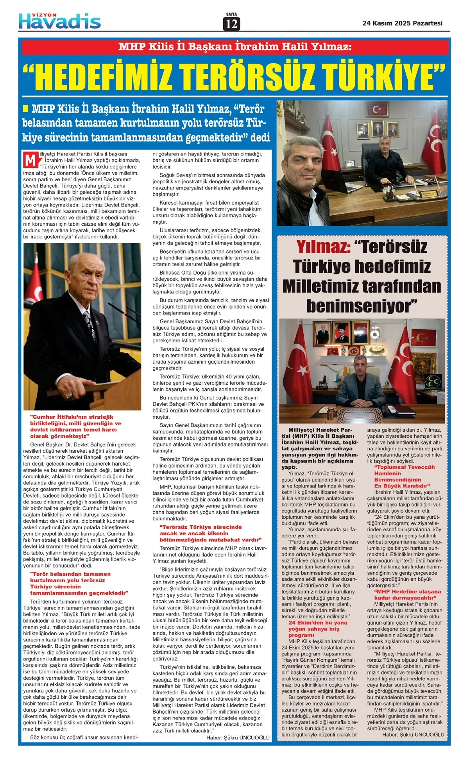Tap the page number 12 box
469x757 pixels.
tap(231, 24)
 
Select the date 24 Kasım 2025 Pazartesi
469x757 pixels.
tap(402, 23)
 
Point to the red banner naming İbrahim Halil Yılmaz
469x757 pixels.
tap(234, 47)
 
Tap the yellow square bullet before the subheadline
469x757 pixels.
tap(26, 108)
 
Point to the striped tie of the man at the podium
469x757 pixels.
tap(90, 324)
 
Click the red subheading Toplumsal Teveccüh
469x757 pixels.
tap(404, 476)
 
